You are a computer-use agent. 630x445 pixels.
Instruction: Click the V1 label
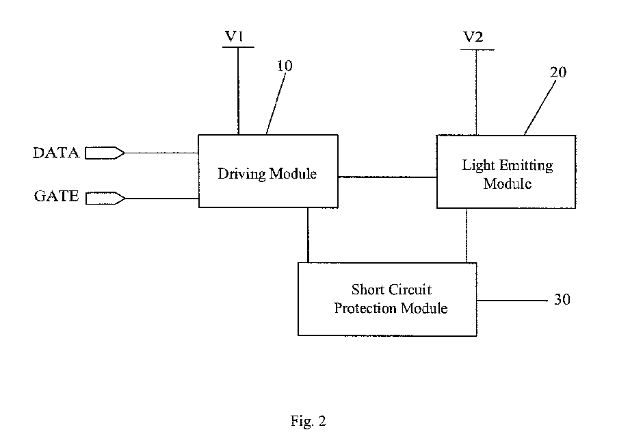tap(234, 36)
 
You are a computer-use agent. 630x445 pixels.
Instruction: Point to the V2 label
tap(473, 37)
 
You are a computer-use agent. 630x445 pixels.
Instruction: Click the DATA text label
tap(56, 153)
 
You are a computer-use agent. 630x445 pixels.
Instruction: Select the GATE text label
tap(56, 196)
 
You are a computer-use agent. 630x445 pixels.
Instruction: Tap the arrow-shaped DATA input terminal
tap(105, 153)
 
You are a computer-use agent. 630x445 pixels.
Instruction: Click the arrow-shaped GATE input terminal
tap(105, 199)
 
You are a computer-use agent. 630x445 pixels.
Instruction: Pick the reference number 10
tap(285, 66)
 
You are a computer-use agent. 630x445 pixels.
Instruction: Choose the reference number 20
tap(558, 73)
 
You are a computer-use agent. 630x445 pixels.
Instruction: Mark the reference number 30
tap(562, 299)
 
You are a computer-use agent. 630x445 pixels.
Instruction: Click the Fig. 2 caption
tap(309, 421)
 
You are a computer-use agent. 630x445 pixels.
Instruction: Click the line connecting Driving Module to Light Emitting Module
tap(387, 177)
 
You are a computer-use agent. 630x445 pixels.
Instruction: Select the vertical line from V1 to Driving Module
tap(238, 91)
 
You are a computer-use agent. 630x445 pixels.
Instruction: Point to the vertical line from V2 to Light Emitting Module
tap(477, 92)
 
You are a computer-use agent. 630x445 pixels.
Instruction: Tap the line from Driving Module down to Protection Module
tap(309, 235)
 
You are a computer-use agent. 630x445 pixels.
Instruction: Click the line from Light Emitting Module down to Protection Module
tap(467, 236)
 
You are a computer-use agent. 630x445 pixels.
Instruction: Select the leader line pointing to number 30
tap(512, 301)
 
